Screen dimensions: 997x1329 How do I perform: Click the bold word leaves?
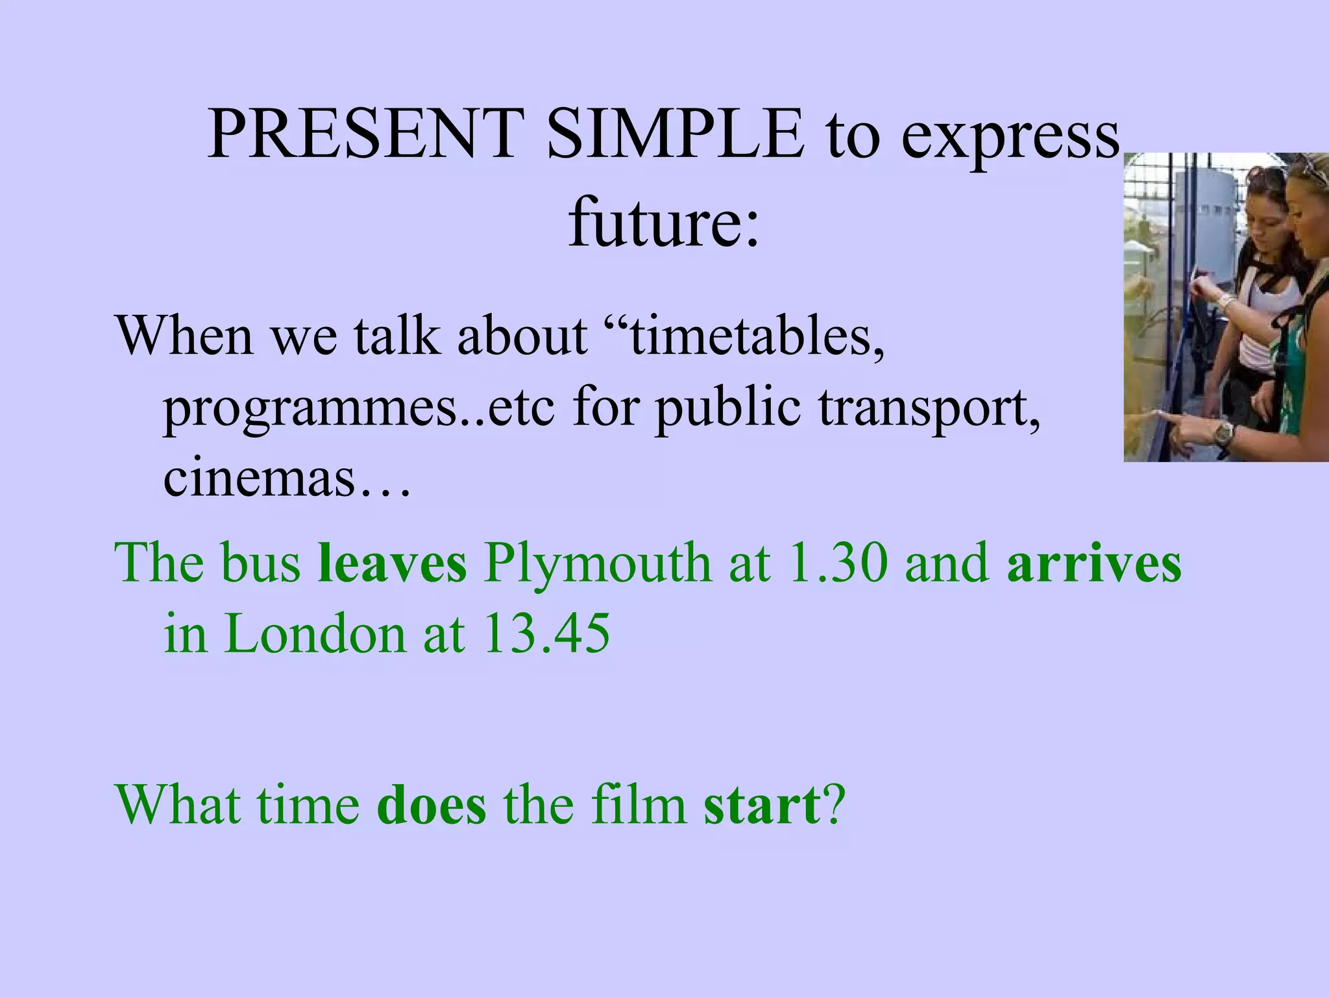(x=392, y=562)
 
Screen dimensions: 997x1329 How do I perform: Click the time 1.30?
(x=836, y=562)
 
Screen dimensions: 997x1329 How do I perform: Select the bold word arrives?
(x=1094, y=562)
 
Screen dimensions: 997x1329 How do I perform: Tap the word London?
(x=315, y=634)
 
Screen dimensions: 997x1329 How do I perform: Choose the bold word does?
(x=431, y=805)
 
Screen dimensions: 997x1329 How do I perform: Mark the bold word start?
(x=761, y=805)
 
